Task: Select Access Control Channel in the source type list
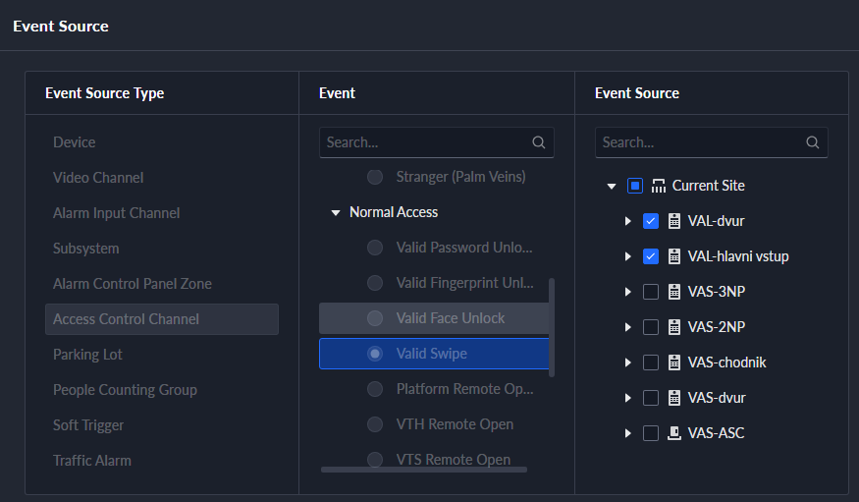(126, 319)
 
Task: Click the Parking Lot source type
(87, 355)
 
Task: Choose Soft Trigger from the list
(88, 425)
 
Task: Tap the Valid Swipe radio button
(375, 354)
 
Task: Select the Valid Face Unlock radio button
(375, 318)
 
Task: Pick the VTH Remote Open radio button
(375, 424)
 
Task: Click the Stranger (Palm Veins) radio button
(375, 177)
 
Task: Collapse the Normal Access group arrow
(336, 212)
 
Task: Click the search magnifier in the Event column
(539, 142)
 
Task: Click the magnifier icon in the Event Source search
(813, 142)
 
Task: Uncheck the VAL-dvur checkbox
(651, 221)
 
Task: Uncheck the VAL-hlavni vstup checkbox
(651, 256)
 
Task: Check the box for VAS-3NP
(651, 292)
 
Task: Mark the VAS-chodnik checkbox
(651, 363)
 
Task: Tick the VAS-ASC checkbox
(651, 433)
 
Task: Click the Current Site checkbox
(635, 186)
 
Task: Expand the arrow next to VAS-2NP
(628, 327)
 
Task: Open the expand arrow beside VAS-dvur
(628, 398)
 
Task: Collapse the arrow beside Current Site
(612, 187)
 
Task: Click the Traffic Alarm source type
(92, 461)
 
